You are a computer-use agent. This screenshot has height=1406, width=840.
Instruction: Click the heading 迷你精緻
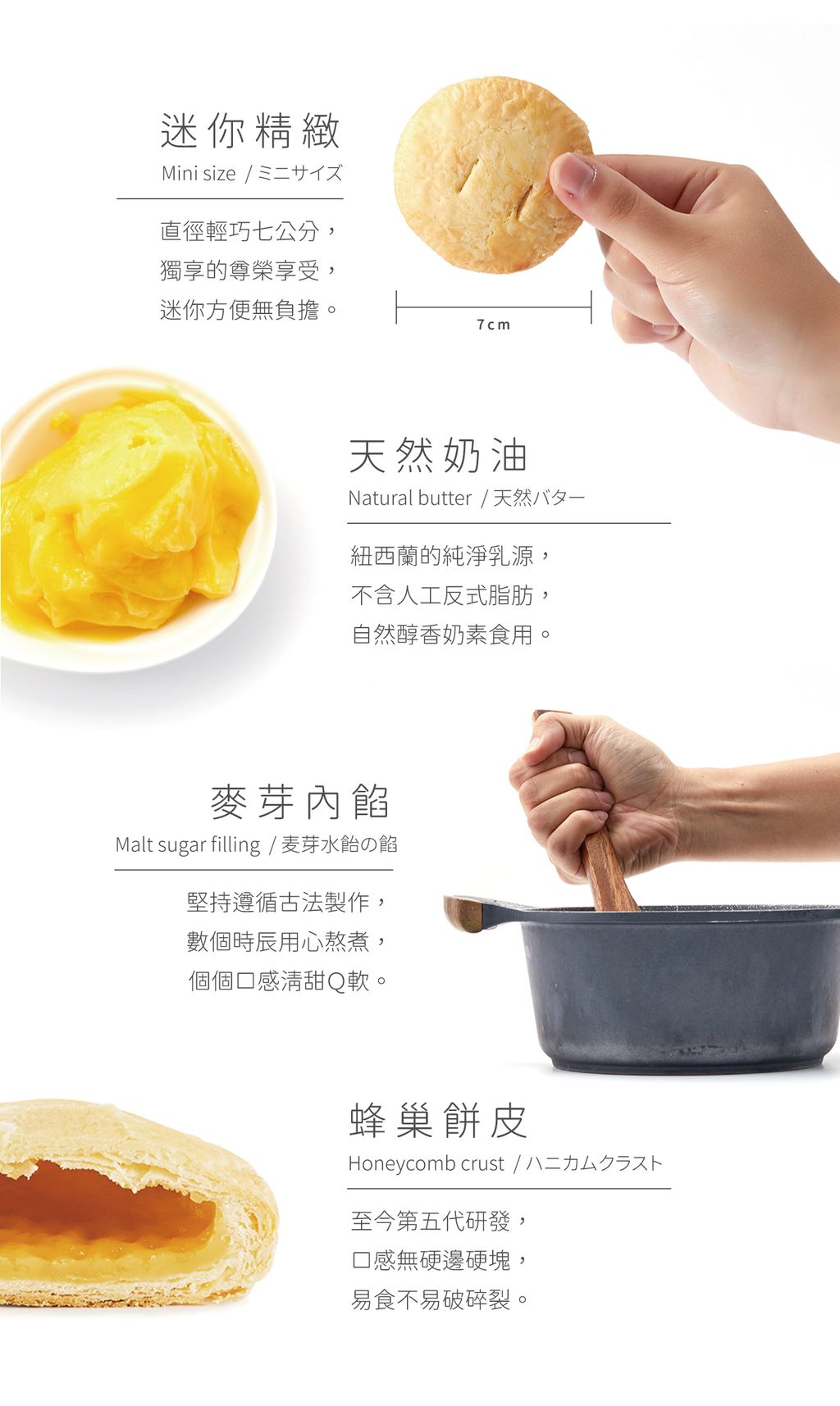250,131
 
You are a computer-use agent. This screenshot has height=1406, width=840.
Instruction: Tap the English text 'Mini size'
199,174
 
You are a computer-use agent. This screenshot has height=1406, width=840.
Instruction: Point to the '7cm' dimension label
493,325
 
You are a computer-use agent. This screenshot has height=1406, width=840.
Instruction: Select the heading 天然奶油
439,456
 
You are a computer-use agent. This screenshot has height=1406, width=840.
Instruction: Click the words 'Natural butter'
410,498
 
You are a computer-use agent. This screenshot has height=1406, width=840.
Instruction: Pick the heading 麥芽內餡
300,802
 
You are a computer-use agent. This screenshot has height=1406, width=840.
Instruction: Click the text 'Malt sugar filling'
188,845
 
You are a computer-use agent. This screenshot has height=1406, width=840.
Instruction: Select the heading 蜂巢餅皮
439,1121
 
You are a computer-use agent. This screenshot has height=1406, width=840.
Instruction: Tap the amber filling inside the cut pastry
107,1205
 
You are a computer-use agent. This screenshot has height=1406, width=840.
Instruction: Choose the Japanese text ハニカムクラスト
594,1163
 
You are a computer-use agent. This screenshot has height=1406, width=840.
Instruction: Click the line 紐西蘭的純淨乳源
443,557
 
